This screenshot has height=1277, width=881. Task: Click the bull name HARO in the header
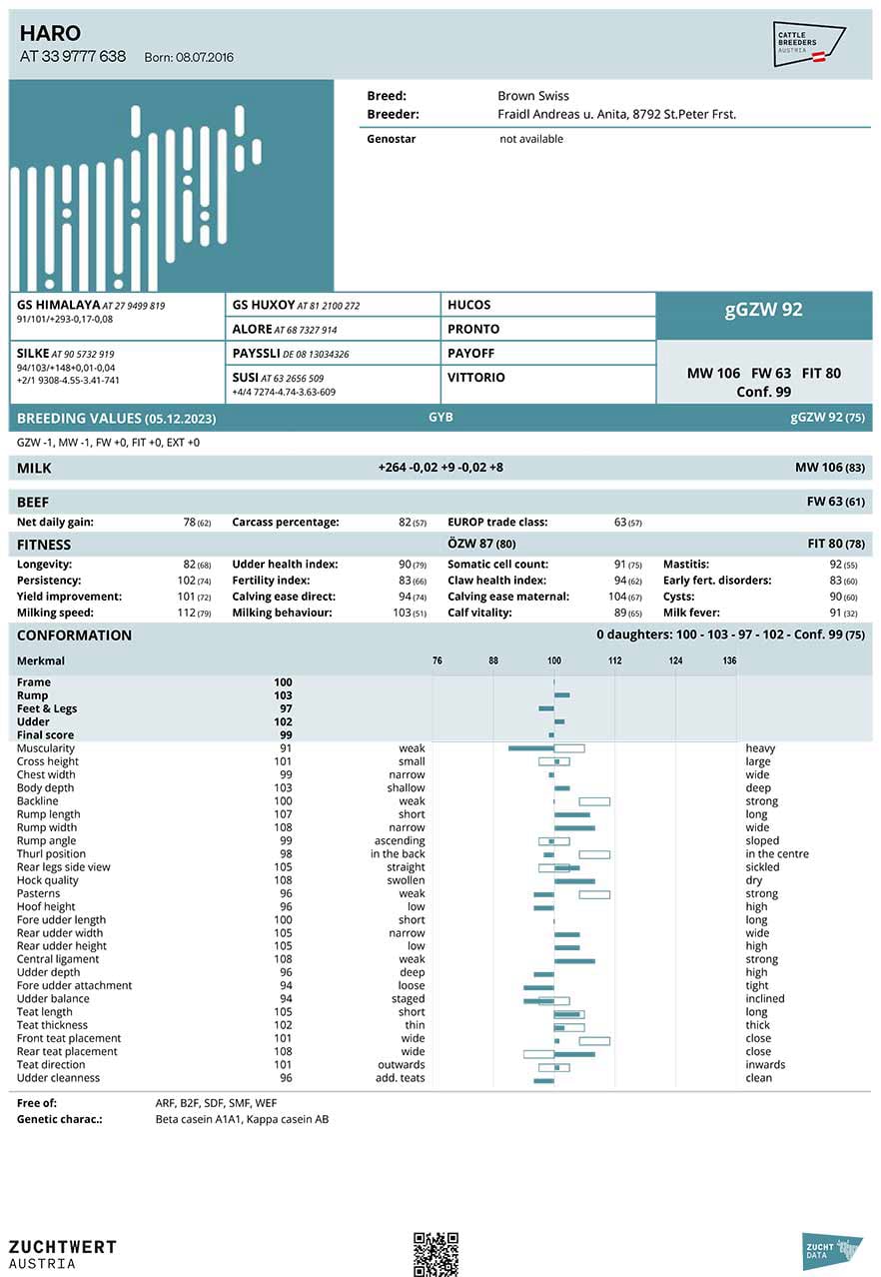(50, 33)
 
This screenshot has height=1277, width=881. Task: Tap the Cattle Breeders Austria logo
(809, 44)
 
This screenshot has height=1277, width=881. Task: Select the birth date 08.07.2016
(205, 58)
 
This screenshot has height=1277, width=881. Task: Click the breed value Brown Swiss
(533, 96)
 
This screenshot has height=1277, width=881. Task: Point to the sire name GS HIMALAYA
(58, 305)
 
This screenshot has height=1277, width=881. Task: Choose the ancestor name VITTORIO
(476, 378)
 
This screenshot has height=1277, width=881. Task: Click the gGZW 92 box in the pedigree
(763, 310)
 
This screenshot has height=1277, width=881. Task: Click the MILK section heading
(34, 468)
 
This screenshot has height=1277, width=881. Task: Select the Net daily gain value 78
(189, 523)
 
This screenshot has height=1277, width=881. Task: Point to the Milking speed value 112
(186, 613)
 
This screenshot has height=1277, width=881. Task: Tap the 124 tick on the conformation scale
(676, 660)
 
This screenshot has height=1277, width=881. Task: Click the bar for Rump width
(574, 827)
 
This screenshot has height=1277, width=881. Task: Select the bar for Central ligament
(574, 959)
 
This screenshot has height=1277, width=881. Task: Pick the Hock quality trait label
(47, 880)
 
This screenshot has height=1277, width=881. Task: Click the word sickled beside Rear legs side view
(762, 867)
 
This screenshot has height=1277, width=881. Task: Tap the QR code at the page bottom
(436, 1253)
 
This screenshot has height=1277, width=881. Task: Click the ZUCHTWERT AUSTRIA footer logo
(62, 1254)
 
